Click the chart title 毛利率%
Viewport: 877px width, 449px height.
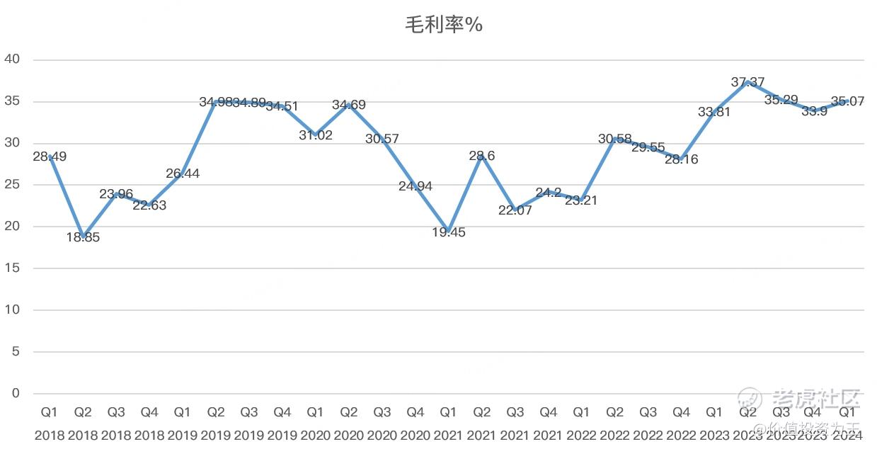[x=443, y=25]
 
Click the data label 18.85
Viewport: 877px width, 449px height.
[x=83, y=238]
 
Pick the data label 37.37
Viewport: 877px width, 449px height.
[x=747, y=83]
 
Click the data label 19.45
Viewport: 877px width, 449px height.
[x=449, y=232]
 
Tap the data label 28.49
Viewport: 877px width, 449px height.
[x=50, y=157]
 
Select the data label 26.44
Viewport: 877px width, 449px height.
[x=183, y=174]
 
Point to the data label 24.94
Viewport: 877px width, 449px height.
[x=415, y=186]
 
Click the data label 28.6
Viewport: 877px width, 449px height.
[x=482, y=156]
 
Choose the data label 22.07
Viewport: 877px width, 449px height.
[x=515, y=210]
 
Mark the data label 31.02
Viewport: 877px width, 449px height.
[x=316, y=135]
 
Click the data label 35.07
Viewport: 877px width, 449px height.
[x=847, y=101]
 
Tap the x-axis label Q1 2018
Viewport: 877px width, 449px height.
[x=50, y=423]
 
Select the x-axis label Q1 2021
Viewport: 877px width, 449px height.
[x=449, y=423]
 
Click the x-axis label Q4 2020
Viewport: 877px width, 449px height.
[x=415, y=423]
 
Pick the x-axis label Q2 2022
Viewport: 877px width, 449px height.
[x=615, y=423]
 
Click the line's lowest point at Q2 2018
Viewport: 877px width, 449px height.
[x=83, y=236]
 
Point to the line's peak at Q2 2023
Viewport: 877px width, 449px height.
[x=747, y=81]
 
